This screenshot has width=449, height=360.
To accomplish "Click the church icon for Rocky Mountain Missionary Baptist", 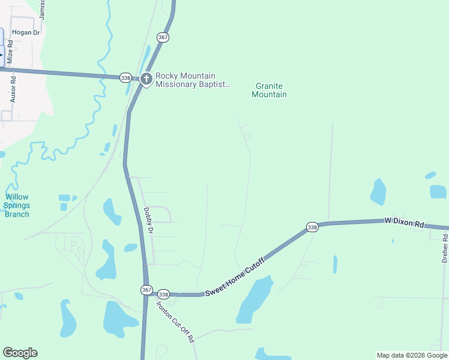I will (x=146, y=79).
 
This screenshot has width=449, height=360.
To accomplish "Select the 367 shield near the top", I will (x=163, y=37).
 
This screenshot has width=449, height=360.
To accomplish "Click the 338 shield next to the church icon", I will (x=125, y=78).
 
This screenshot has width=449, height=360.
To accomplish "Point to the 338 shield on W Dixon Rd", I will (x=312, y=227).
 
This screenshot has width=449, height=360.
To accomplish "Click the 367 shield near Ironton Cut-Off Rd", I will (x=147, y=290).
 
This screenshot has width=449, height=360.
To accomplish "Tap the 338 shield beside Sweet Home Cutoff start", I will (x=163, y=294).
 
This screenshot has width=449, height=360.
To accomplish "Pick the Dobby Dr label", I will (x=149, y=221).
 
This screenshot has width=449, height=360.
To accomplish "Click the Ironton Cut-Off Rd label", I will (x=175, y=321).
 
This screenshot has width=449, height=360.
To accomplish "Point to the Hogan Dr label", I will (x=25, y=32).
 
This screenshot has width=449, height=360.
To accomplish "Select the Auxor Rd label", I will (x=13, y=88).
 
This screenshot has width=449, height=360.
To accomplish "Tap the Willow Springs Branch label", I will (x=16, y=205).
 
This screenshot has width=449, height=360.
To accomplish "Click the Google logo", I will (x=20, y=353).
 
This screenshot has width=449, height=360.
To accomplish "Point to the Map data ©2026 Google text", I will (x=411, y=355).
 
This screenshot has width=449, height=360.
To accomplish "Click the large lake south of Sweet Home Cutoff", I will (x=255, y=300).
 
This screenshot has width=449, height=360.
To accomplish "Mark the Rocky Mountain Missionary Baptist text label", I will (x=193, y=80).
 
